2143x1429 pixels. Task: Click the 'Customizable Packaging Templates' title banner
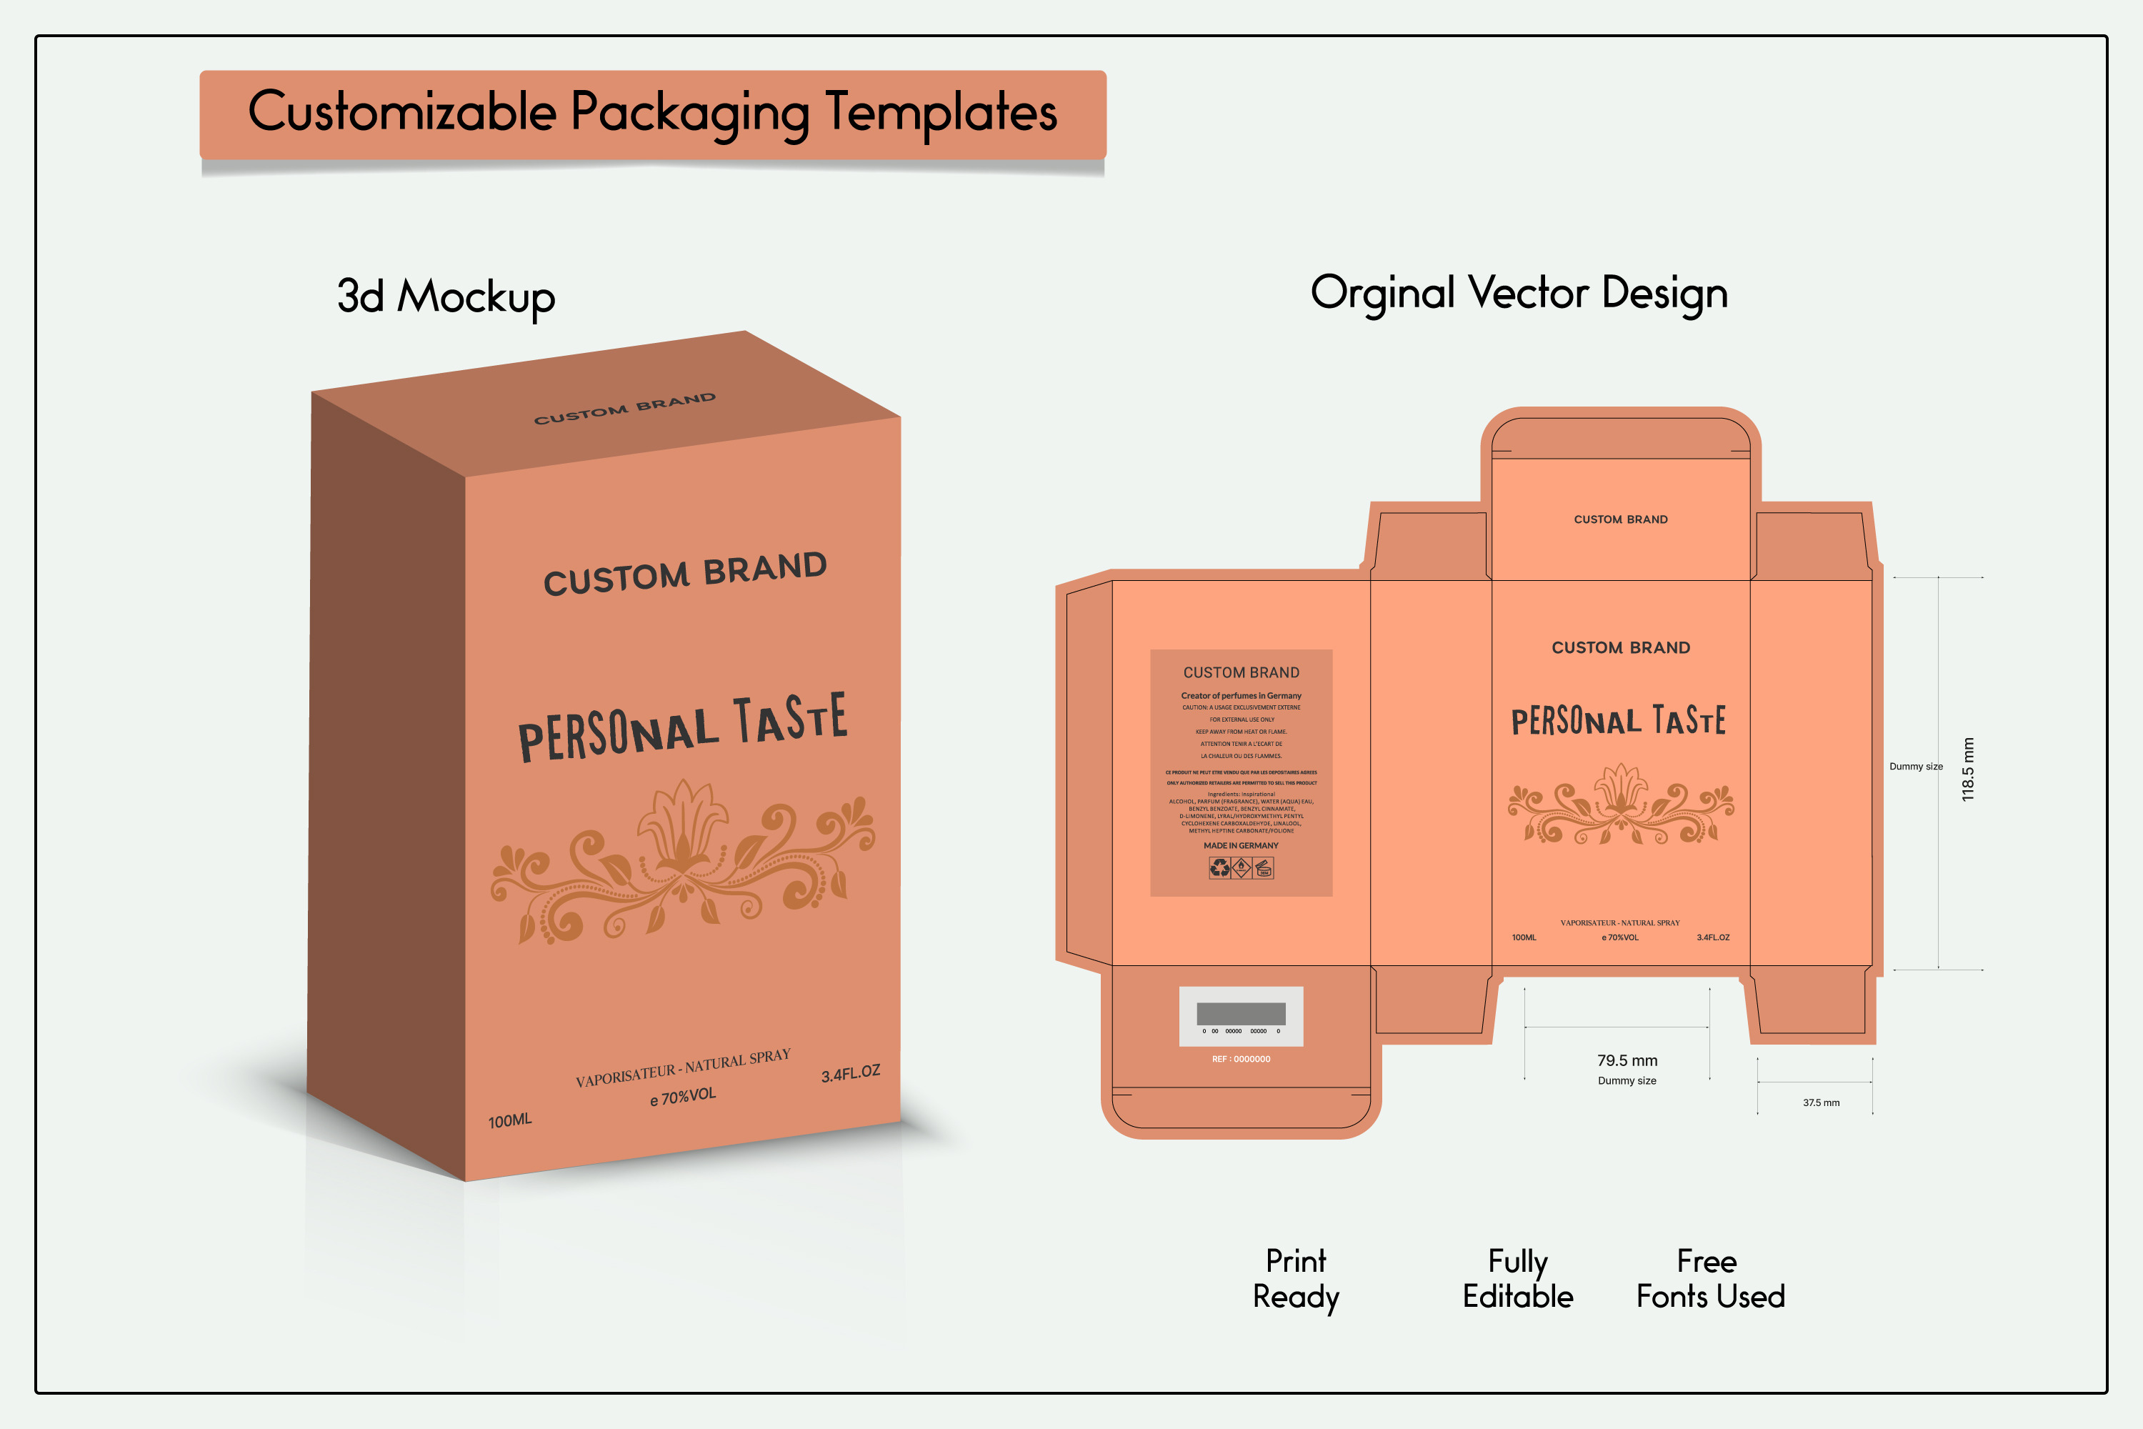[x=652, y=114]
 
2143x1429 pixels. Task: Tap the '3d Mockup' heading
[x=446, y=297]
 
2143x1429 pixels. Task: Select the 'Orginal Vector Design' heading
[x=1519, y=292]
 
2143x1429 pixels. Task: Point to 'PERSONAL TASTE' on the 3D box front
[x=682, y=727]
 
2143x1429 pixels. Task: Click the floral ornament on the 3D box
[x=682, y=860]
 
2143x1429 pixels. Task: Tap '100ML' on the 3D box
[x=509, y=1120]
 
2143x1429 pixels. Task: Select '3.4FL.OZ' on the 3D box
[x=850, y=1074]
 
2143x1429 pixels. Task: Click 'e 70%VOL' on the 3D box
[x=682, y=1096]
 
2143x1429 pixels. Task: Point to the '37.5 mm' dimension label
[x=1820, y=1102]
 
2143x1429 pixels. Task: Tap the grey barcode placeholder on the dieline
[x=1241, y=1013]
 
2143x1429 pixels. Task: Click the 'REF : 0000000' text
[x=1241, y=1059]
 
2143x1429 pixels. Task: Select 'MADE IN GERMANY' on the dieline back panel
[x=1241, y=846]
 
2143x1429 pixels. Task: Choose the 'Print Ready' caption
[x=1296, y=1279]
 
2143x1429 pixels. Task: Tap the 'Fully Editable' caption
[x=1518, y=1279]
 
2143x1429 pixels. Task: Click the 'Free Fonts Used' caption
[x=1710, y=1279]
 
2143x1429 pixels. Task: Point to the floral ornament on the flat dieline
[x=1621, y=804]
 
